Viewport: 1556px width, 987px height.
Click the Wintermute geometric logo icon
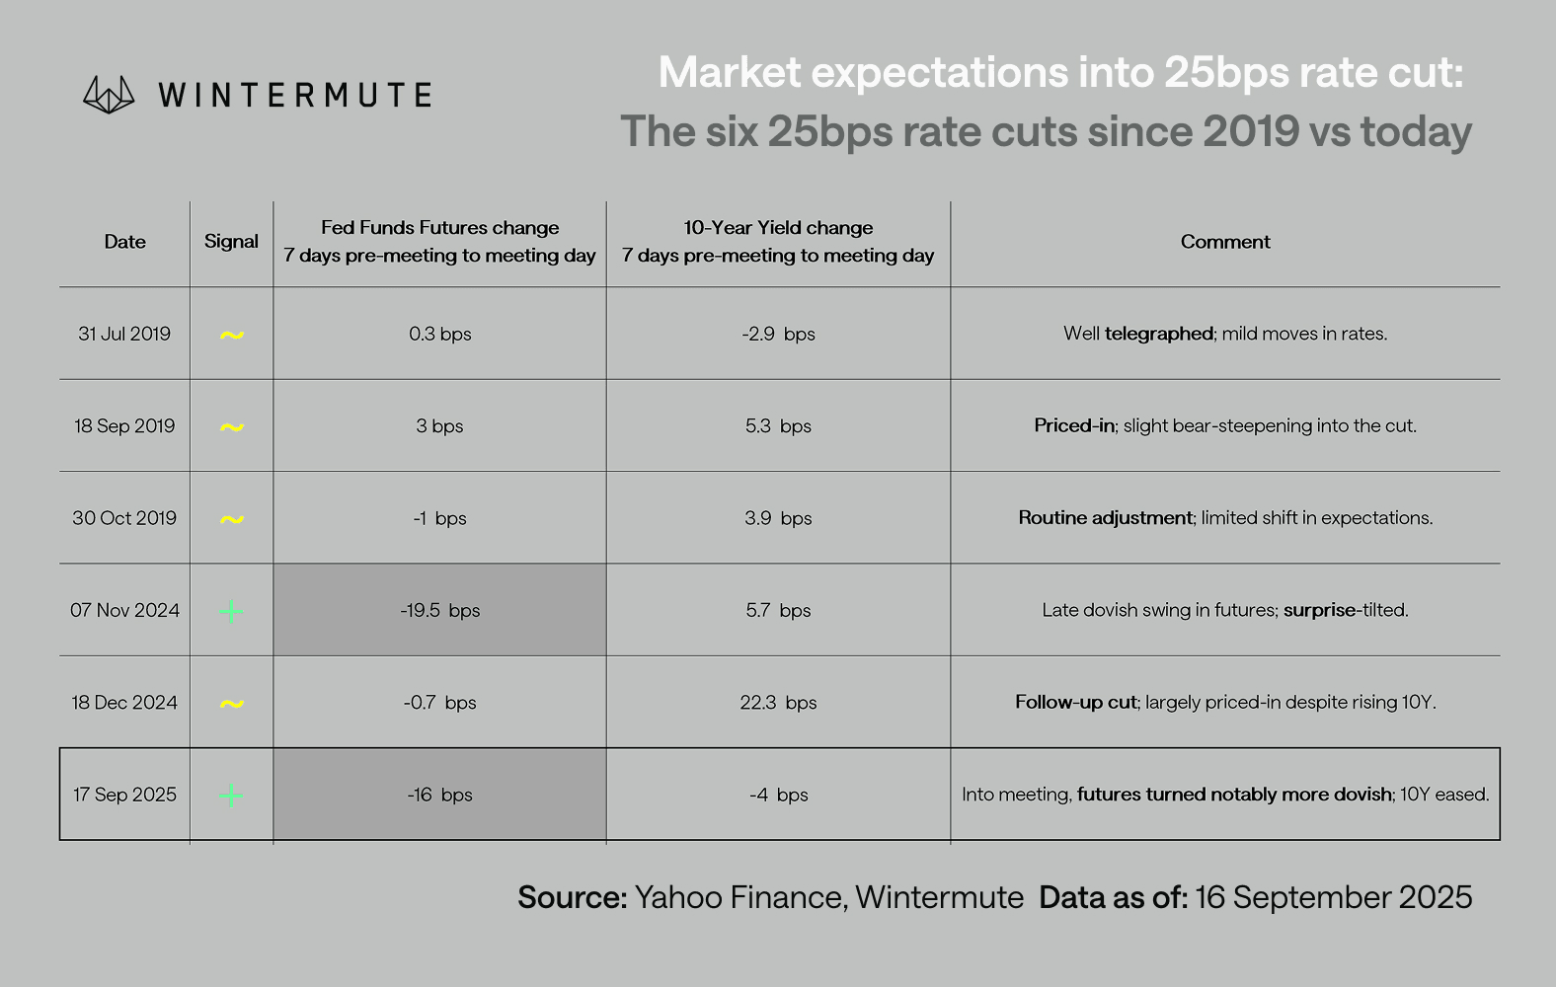click(109, 95)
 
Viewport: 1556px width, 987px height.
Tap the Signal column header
click(231, 242)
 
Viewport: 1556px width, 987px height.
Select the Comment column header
click(1225, 242)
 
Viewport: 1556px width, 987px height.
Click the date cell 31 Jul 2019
click(124, 334)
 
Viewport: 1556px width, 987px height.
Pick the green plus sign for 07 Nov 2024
click(231, 611)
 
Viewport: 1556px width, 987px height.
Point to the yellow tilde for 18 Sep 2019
click(232, 427)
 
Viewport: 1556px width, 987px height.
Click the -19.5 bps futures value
click(439, 611)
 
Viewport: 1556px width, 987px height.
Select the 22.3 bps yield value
click(778, 703)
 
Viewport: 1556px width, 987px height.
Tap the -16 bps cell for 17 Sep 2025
click(439, 795)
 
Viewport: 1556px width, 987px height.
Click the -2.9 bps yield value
click(778, 334)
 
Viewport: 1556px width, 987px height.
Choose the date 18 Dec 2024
click(124, 703)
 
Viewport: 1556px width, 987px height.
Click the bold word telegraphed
click(1159, 334)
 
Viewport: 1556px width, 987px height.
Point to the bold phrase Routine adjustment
click(1105, 518)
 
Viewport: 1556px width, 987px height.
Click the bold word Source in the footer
click(573, 897)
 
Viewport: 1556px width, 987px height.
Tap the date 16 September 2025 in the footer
click(1333, 897)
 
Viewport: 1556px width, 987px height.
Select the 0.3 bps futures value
click(439, 334)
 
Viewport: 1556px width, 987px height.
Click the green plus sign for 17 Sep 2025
click(231, 796)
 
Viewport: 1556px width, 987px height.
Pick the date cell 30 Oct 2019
click(124, 518)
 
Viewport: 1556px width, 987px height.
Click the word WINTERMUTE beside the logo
click(295, 95)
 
